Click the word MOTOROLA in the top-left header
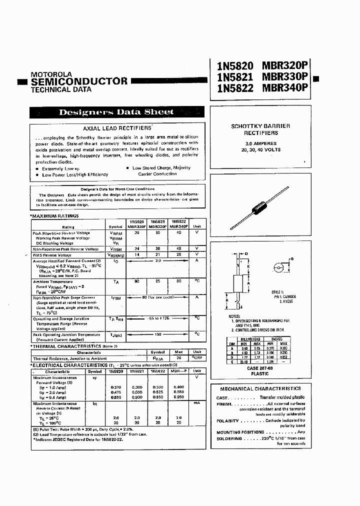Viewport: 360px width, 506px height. tap(51, 73)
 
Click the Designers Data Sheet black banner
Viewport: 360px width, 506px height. tap(116, 112)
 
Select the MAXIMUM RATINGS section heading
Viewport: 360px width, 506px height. tap(55, 215)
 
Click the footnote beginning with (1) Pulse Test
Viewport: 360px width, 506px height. tap(84, 429)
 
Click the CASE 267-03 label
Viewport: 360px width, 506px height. tap(260, 367)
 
